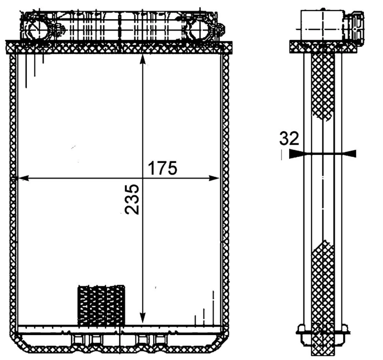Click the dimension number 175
click(162, 168)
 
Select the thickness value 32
click(289, 139)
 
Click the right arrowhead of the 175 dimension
click(214, 178)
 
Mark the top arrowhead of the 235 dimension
click(142, 59)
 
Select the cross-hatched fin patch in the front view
click(101, 304)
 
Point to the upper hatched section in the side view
click(322, 86)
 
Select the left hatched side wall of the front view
click(13, 192)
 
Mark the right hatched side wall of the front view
click(225, 192)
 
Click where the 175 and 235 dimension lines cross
click(142, 178)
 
